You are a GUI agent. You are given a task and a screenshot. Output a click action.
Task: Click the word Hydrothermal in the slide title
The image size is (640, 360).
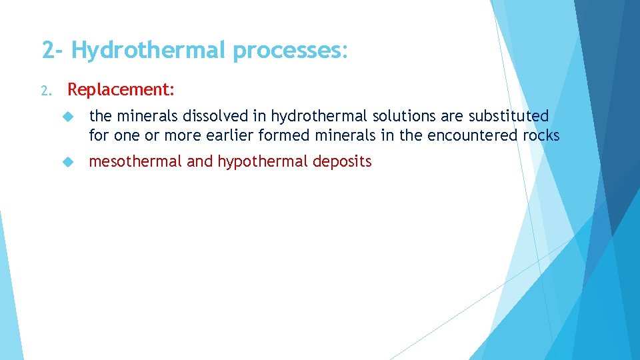(150, 51)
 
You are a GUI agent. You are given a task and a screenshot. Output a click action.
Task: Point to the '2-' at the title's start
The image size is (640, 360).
(53, 51)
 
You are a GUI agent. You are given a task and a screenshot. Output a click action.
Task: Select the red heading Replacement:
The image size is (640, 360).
(121, 89)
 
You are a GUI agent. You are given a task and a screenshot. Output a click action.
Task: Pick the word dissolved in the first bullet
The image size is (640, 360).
(208, 117)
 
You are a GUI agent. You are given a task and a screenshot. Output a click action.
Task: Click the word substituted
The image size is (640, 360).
(509, 117)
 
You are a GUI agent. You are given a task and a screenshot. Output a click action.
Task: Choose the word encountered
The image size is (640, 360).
(473, 136)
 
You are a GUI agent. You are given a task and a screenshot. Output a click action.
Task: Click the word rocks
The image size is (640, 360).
(541, 136)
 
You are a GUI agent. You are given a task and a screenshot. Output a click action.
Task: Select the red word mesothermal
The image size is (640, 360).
(135, 161)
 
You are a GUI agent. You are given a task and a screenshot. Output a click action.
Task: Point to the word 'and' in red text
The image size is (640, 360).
(199, 161)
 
